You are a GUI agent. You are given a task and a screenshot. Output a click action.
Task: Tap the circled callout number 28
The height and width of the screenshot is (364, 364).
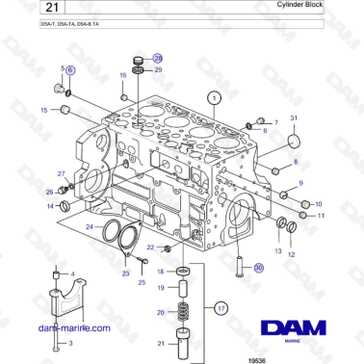(159, 60)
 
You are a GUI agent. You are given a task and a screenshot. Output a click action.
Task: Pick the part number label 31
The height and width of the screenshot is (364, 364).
(295, 117)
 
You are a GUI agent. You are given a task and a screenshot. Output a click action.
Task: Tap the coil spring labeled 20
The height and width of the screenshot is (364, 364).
(182, 312)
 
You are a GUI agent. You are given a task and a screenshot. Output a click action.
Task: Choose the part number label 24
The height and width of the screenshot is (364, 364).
(89, 227)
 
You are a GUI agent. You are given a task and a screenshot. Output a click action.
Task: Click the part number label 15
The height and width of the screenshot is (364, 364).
(42, 111)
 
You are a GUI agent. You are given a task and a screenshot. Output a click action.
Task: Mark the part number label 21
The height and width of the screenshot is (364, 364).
(161, 344)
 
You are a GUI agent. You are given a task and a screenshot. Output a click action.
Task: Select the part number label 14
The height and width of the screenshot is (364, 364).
(50, 205)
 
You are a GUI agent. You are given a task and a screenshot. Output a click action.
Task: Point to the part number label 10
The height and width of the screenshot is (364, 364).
(319, 204)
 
